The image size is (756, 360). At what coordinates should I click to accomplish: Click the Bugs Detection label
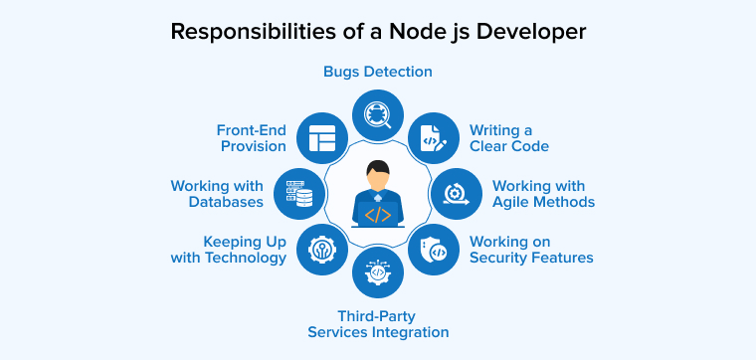click(x=378, y=72)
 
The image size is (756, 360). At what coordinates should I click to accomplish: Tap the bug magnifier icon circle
click(x=378, y=114)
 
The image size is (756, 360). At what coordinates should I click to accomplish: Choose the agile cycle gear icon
click(x=456, y=193)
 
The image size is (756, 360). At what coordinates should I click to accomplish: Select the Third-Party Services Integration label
click(x=378, y=323)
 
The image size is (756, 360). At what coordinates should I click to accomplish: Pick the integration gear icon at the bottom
click(x=378, y=272)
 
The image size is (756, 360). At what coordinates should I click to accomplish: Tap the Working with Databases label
click(x=217, y=193)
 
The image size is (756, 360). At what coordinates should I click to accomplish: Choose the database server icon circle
click(x=299, y=193)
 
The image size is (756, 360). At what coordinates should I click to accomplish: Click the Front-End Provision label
click(x=251, y=137)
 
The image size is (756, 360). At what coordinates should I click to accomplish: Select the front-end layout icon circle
click(x=322, y=138)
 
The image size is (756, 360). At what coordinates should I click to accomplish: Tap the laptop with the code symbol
click(x=378, y=213)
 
